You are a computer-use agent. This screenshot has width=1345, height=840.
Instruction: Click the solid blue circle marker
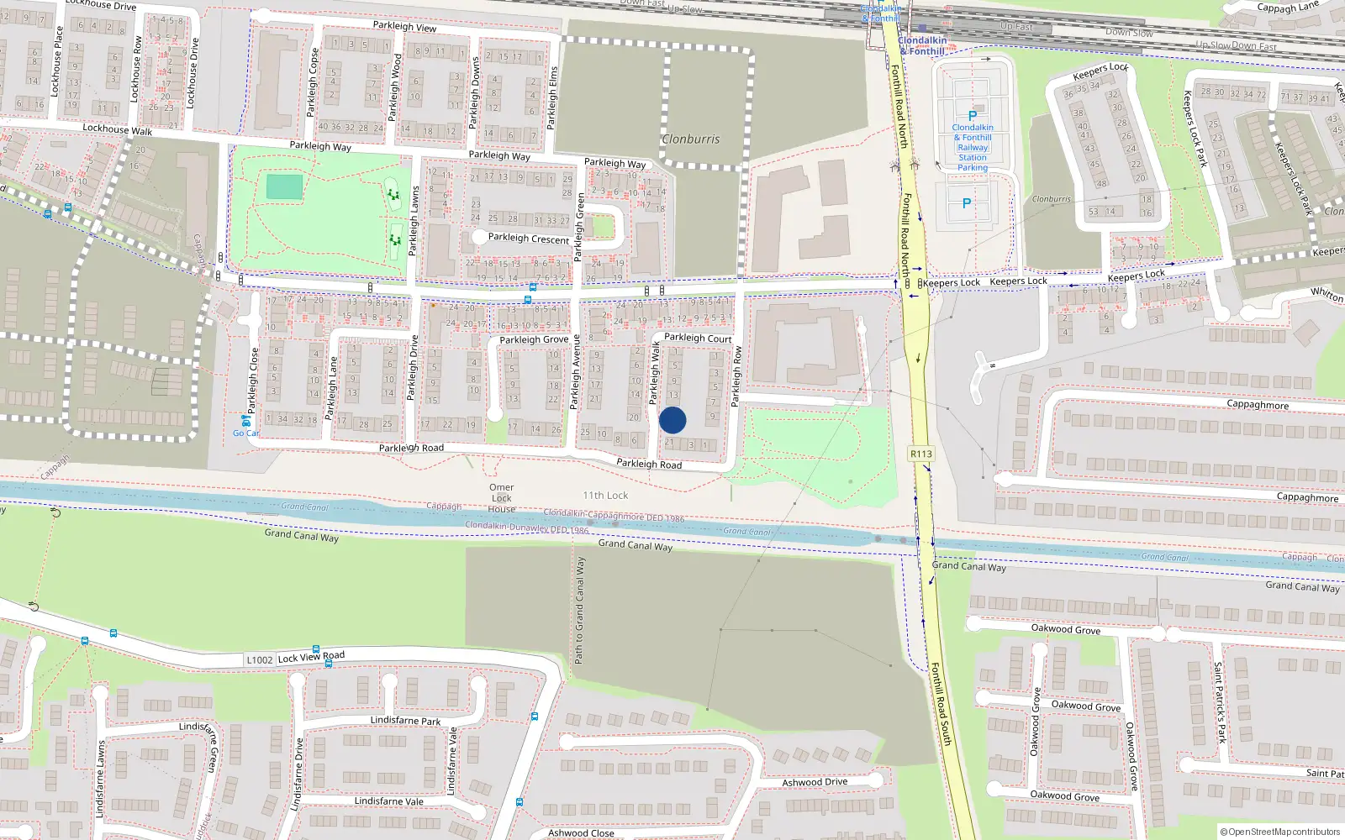[x=672, y=420]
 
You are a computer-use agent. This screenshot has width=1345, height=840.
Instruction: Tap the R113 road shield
[x=921, y=454]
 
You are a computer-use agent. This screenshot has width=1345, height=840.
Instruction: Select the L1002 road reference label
[x=260, y=660]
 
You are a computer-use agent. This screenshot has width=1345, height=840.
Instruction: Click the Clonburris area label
[x=691, y=139]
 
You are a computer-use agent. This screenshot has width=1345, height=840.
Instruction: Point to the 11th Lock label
[x=605, y=496]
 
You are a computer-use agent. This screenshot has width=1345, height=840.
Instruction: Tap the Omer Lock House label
[x=502, y=498]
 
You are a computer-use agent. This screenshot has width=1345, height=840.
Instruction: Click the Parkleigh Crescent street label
[x=529, y=239]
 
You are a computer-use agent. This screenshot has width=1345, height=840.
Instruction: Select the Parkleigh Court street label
[x=698, y=338]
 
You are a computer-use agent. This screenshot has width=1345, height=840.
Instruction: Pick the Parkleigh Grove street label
[x=534, y=340]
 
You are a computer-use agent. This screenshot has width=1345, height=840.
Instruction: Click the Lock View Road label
[x=311, y=657]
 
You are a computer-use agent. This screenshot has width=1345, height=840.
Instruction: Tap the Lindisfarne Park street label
[x=405, y=721]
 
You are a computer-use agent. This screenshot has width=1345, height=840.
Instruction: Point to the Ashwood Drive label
[x=815, y=782]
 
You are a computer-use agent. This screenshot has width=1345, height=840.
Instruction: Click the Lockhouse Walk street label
[x=118, y=129]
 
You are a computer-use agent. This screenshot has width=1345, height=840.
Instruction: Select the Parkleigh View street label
[x=404, y=27]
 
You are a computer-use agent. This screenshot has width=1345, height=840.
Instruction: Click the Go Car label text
[x=245, y=433]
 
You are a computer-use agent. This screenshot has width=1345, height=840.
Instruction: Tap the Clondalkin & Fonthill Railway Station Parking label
[x=973, y=147]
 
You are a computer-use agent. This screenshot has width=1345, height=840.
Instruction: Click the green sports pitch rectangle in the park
[x=284, y=186]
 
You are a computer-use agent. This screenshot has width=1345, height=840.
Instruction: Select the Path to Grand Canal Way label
[x=579, y=610]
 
